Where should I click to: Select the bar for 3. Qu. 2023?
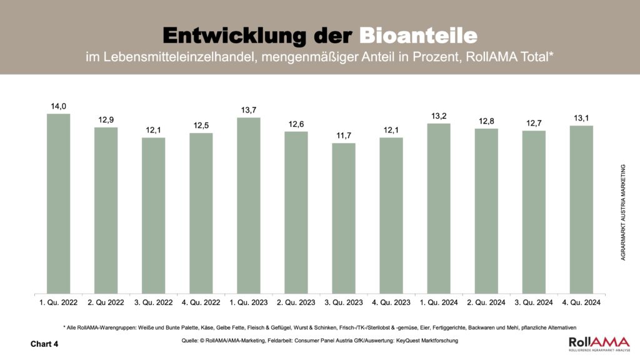343,218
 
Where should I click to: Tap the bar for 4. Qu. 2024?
581,209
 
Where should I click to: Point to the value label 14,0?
58,106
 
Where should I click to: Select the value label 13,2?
438,116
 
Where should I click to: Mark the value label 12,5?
201,126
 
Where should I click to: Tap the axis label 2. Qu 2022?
106,302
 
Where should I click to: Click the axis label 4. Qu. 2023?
391,302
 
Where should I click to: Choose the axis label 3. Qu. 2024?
533,302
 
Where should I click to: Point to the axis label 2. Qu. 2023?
296,302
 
